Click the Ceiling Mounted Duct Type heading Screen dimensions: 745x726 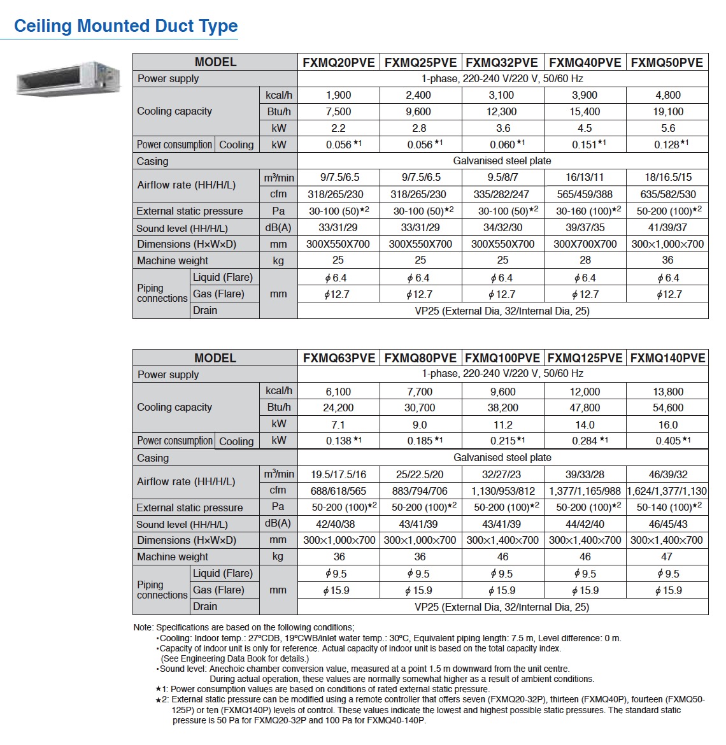(x=125, y=26)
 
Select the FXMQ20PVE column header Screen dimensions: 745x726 (x=339, y=62)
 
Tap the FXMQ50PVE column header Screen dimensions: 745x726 (x=667, y=62)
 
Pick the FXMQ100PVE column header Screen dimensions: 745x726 (x=502, y=358)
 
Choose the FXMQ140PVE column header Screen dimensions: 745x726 (x=667, y=358)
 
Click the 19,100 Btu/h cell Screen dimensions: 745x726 (x=667, y=111)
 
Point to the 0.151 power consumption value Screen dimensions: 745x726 (x=585, y=145)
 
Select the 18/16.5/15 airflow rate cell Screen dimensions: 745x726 (x=667, y=178)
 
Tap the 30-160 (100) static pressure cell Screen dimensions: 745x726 (x=585, y=211)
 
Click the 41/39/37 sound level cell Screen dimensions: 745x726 (x=667, y=227)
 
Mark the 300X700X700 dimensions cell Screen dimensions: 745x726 (x=585, y=244)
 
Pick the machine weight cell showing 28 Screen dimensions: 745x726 (x=585, y=260)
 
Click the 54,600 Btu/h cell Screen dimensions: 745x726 (x=667, y=408)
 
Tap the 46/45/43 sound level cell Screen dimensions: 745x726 (x=667, y=524)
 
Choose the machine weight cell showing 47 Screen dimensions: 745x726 (x=667, y=557)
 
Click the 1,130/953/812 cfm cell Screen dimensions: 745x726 (x=502, y=491)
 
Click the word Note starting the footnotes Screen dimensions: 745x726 (x=142, y=627)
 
